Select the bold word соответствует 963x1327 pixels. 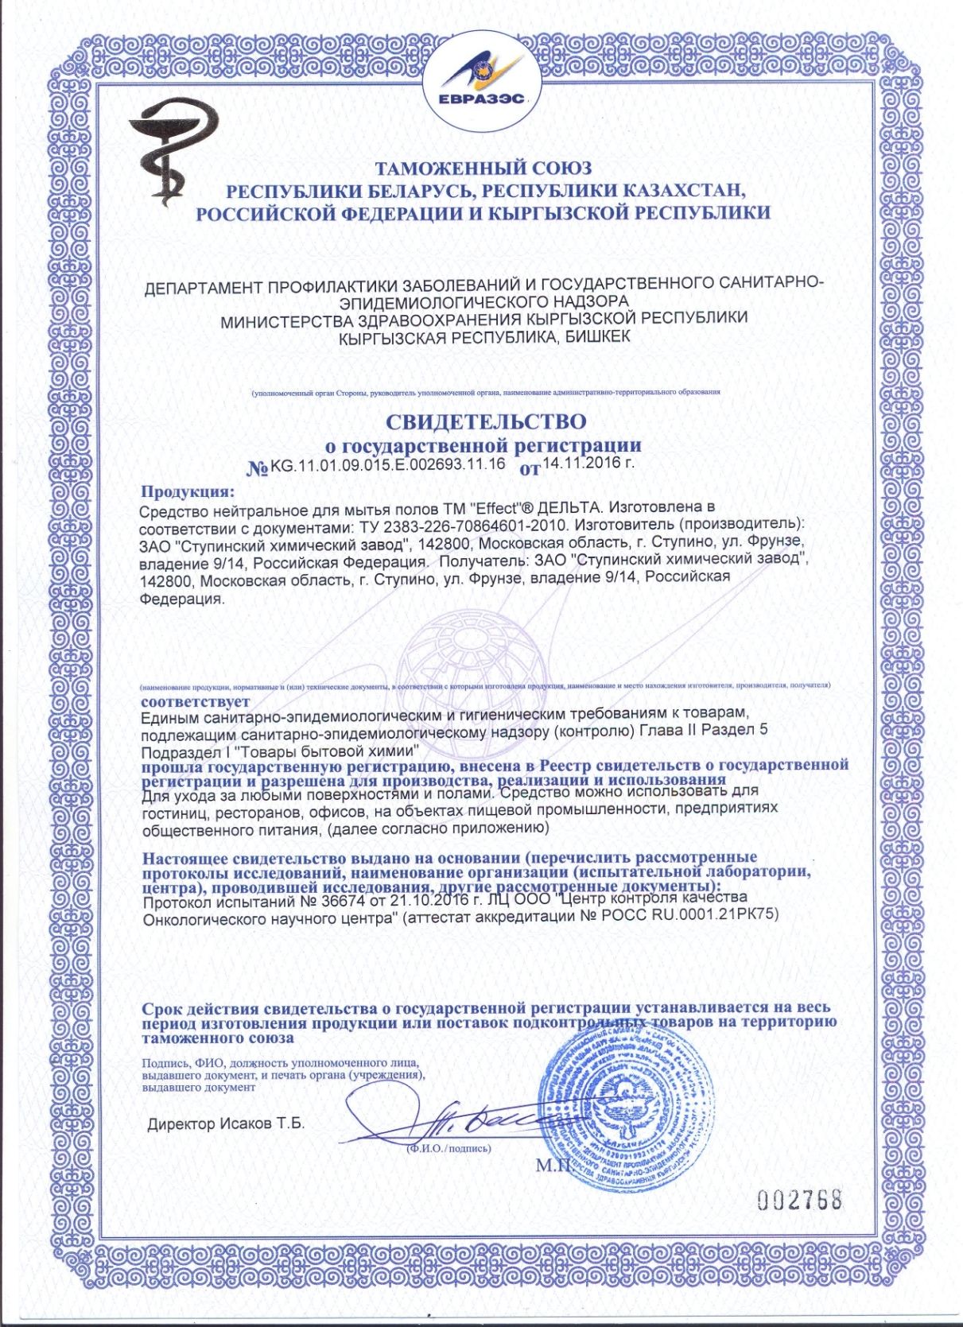[x=195, y=702]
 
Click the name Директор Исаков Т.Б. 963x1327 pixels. [x=226, y=1124]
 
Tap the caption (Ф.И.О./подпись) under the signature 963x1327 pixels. [x=448, y=1148]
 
